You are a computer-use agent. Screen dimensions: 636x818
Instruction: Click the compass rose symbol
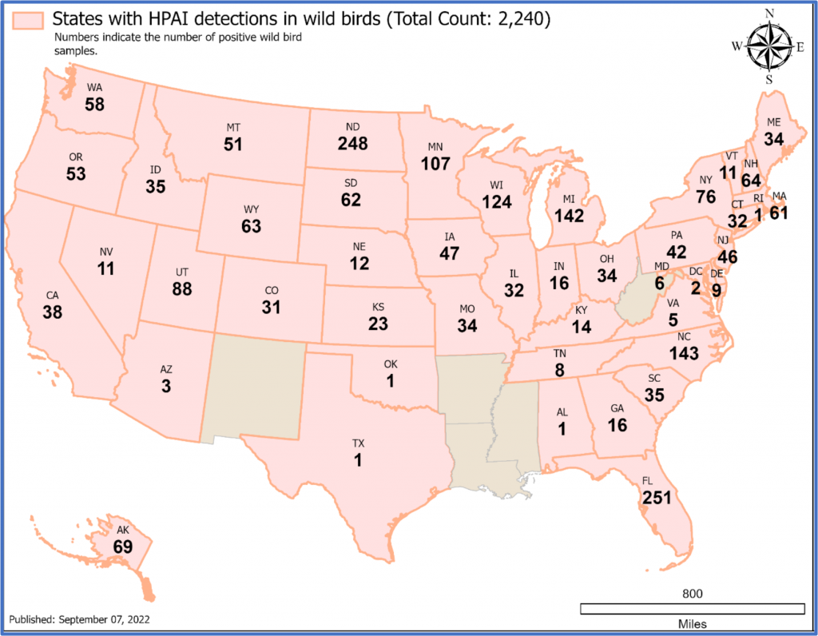[768, 46]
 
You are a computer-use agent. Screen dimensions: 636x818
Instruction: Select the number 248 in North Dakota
[352, 144]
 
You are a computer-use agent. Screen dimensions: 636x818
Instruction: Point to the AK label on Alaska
[121, 530]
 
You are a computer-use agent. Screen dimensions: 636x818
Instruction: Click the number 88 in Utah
[182, 289]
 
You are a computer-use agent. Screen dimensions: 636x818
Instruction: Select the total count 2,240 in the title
[517, 20]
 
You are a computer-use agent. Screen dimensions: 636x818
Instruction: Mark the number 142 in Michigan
[570, 217]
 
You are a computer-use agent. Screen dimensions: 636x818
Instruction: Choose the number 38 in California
[53, 313]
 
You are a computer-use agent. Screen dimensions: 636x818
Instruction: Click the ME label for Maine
[773, 122]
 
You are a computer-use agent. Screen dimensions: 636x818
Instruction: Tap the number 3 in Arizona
[166, 386]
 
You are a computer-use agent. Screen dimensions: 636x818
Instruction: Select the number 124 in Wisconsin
[496, 202]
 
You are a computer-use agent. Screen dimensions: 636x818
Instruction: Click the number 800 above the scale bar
[692, 594]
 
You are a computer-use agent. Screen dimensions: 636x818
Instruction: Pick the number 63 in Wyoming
[251, 226]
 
